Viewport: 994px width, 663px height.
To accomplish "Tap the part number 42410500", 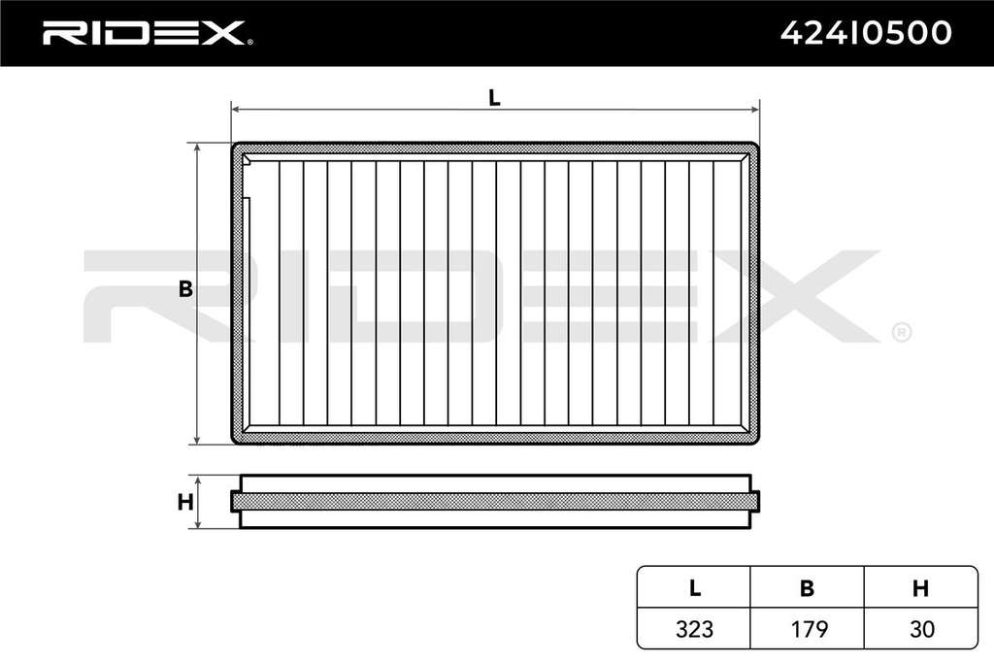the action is point(866,33).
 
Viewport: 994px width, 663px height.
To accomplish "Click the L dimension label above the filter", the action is point(494,98).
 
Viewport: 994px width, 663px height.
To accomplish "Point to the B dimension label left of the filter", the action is point(185,289).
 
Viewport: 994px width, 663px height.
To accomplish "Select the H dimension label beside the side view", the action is point(185,502).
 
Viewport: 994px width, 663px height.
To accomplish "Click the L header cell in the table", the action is point(694,588).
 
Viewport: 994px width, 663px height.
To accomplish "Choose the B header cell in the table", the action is point(807,588).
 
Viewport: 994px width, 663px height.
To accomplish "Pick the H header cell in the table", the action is point(920,588).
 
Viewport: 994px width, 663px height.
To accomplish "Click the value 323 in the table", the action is point(694,629).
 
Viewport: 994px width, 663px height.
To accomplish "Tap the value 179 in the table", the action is point(809,629).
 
